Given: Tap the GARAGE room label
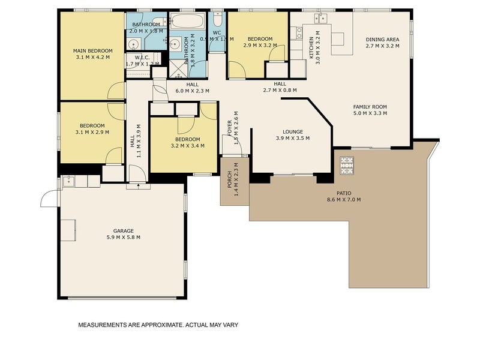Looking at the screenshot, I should click(x=123, y=230).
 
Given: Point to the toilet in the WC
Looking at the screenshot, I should click(x=217, y=17).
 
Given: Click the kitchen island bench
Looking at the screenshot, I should click(x=338, y=39).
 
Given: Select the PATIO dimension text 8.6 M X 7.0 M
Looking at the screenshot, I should click(x=343, y=200).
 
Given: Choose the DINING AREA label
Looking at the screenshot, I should click(x=382, y=40).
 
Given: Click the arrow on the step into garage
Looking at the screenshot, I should click(x=139, y=185).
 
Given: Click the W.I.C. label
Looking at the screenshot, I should click(x=142, y=58).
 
